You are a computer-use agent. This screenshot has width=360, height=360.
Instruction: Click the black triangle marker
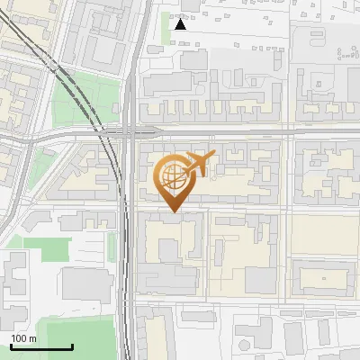[x=181, y=24]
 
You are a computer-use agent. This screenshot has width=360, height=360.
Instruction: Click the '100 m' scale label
[x=23, y=338]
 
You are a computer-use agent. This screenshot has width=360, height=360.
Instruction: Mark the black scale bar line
[x=41, y=346]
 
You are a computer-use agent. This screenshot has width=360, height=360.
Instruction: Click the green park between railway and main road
[x=86, y=100]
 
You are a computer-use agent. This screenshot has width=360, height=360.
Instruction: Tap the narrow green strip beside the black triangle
[x=166, y=26]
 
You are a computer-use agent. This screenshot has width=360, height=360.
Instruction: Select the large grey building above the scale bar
[x=86, y=284]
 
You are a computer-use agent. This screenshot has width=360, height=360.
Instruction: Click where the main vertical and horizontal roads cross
[x=131, y=130]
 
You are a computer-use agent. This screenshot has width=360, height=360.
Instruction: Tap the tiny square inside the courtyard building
[x=320, y=279]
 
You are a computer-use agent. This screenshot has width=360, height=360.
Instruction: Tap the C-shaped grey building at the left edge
[x=14, y=279]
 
